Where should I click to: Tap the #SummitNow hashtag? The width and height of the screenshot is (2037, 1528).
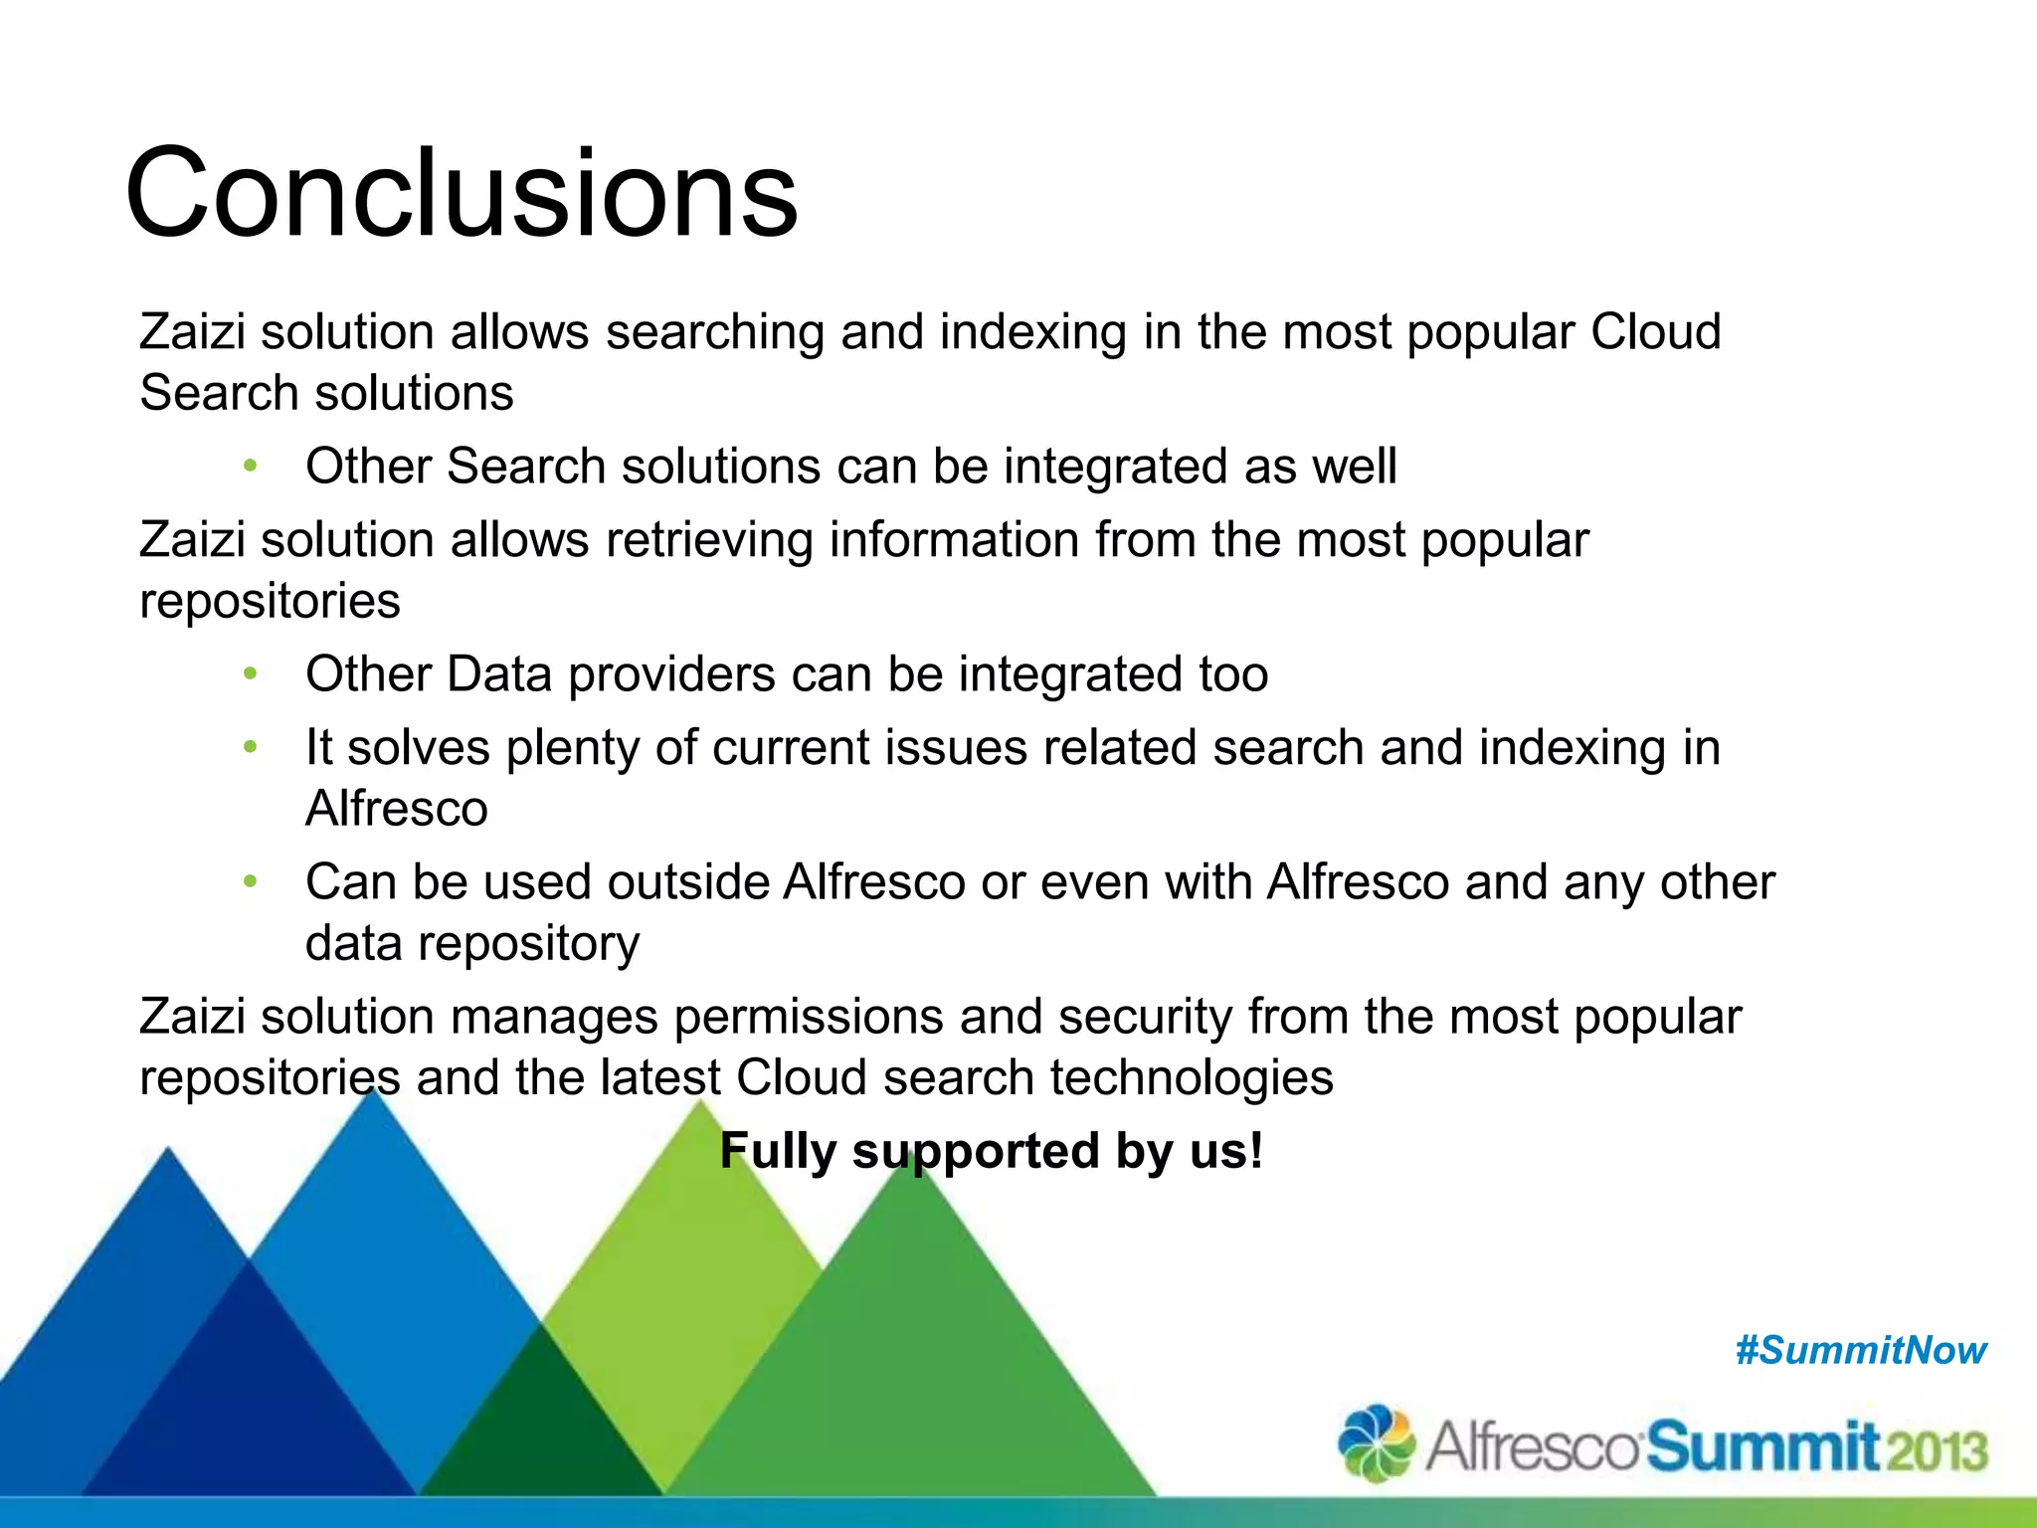(1860, 1350)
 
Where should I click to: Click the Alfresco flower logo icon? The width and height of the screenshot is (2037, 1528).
(1377, 1443)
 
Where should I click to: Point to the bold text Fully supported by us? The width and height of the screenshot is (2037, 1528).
(991, 1151)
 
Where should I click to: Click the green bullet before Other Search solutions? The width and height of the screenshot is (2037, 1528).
(251, 466)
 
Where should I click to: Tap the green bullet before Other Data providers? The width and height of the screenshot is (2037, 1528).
(251, 673)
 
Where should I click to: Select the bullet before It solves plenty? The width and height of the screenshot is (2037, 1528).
(251, 747)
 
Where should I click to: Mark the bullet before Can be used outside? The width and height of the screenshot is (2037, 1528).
(251, 881)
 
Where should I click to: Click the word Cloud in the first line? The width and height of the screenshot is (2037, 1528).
(1655, 331)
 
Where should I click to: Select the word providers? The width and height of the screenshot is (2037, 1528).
(671, 674)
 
